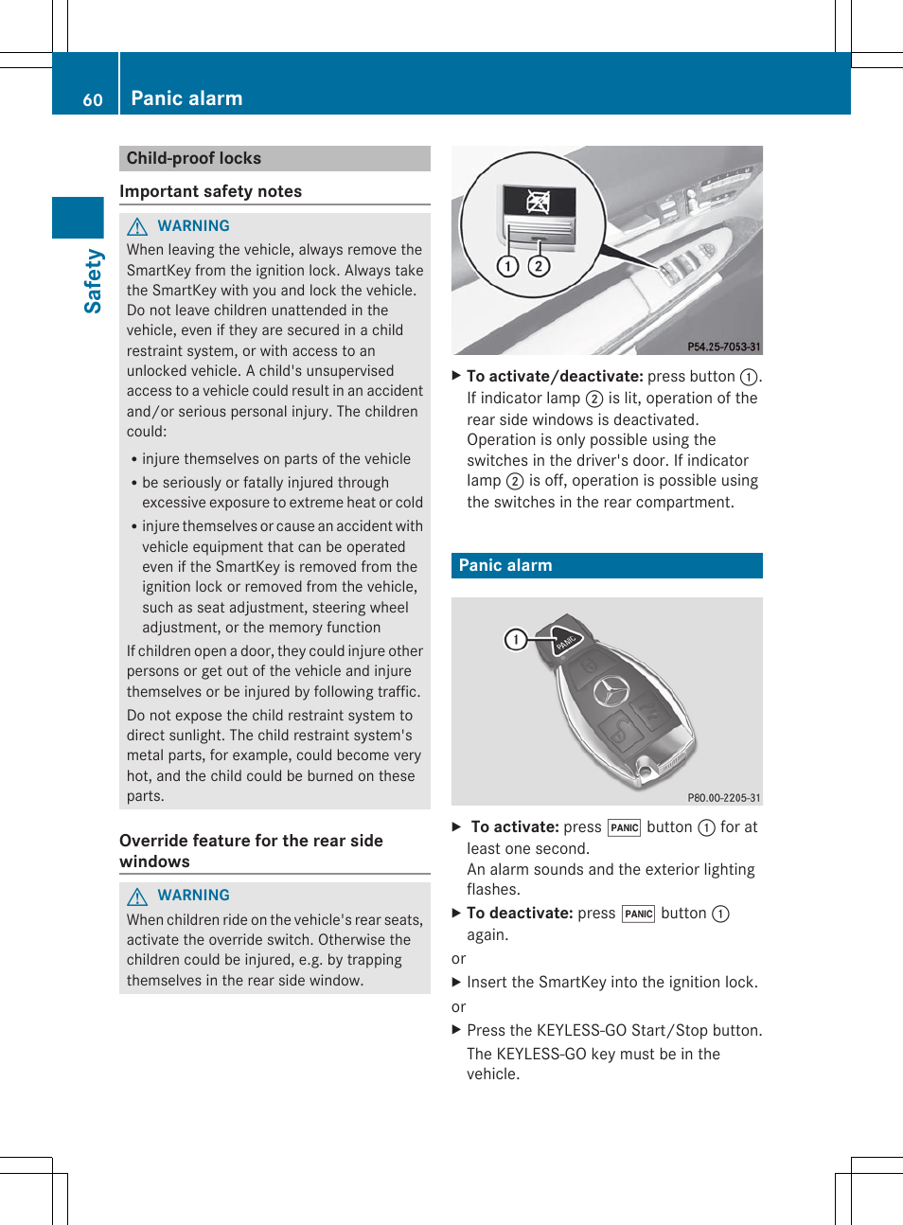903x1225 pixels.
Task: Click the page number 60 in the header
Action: coord(92,100)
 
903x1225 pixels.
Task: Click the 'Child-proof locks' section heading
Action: coord(194,158)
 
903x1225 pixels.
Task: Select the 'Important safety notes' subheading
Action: coord(210,191)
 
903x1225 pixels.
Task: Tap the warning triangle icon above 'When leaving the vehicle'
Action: coord(137,226)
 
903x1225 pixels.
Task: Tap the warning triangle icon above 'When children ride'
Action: coord(137,896)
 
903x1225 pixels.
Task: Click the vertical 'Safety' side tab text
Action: coord(93,280)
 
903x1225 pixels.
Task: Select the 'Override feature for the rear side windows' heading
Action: coord(251,850)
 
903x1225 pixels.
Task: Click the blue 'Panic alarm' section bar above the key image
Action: coord(607,565)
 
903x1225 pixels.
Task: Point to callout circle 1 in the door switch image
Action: coord(508,266)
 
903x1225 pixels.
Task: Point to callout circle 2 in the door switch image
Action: coord(539,266)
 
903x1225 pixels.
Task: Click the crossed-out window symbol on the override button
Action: coord(539,201)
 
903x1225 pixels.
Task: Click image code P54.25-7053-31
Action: coord(723,346)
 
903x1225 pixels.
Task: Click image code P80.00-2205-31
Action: coord(723,798)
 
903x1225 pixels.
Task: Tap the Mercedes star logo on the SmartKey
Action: coord(611,692)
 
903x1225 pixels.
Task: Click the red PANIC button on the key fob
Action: coord(567,641)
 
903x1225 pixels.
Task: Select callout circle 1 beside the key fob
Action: coord(515,640)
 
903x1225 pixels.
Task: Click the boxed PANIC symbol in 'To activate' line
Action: coord(624,827)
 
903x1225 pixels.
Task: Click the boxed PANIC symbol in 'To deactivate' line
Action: coord(638,914)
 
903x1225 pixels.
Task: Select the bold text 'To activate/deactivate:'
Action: coord(555,376)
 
